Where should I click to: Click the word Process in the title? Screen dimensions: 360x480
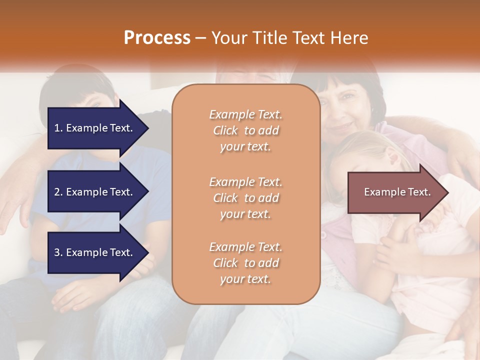[x=157, y=37]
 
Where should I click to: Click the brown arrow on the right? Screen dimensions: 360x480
[x=395, y=192]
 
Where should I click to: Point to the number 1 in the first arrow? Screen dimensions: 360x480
[x=57, y=128]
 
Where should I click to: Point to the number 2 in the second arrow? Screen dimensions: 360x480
[x=57, y=192]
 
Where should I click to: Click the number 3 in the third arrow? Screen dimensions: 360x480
[x=57, y=252]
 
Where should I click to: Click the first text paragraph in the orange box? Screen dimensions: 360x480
[x=245, y=130]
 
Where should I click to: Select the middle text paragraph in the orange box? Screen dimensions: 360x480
[x=245, y=197]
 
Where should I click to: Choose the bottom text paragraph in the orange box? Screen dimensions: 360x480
[x=245, y=263]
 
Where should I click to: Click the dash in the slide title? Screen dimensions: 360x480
[x=200, y=38]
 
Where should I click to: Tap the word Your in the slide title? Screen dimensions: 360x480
[x=228, y=37]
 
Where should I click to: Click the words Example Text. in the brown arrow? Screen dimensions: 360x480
[x=397, y=192]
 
